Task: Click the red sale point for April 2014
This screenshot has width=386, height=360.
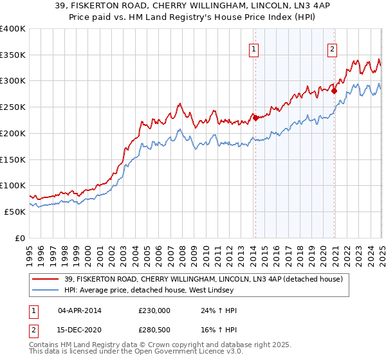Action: tap(255, 118)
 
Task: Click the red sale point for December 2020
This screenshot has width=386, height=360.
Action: tap(335, 91)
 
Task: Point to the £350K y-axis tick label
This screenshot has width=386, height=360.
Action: tap(12, 55)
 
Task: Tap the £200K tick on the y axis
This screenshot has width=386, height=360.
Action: tap(12, 133)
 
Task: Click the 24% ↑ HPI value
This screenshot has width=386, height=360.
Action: tap(219, 310)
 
